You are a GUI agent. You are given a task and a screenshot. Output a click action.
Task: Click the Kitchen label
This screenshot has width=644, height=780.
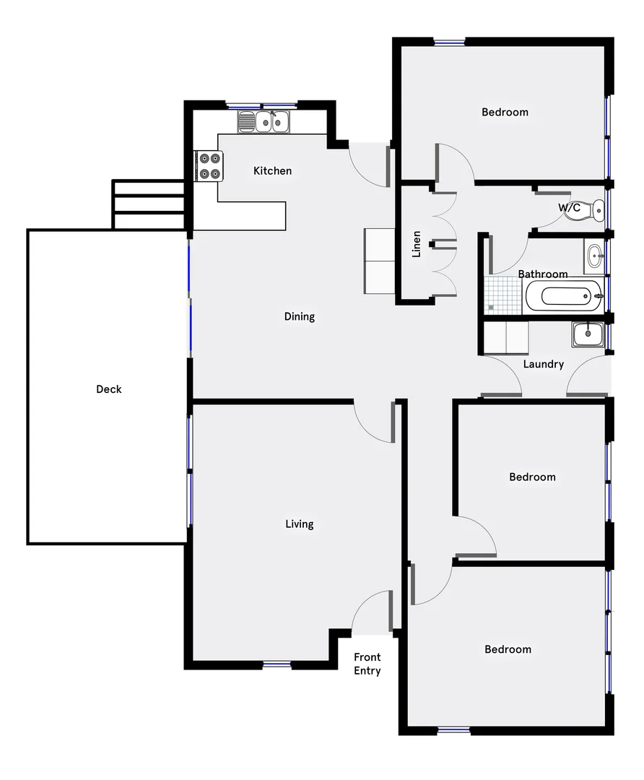(272, 171)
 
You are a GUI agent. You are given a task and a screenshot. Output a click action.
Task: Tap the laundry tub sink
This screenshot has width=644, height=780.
(588, 334)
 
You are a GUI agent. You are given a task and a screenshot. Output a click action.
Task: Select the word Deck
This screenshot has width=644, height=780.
(109, 389)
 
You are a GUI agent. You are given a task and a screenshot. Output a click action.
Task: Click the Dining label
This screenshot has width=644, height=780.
(299, 316)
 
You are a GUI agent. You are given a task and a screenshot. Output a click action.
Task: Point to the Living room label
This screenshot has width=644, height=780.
(299, 524)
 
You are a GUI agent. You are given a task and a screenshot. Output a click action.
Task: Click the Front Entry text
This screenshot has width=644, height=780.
(367, 664)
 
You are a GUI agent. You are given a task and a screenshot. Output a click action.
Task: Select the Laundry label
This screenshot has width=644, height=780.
(543, 365)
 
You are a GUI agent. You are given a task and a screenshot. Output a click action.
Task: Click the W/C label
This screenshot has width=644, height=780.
(569, 208)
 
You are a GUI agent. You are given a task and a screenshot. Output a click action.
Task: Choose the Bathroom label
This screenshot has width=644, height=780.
(543, 274)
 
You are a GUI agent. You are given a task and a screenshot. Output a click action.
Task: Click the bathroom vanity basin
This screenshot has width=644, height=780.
(594, 253)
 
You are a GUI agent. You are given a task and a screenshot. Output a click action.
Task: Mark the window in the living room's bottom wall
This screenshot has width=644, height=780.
(277, 664)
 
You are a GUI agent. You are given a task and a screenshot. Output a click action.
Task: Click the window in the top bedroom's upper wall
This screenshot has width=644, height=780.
(449, 42)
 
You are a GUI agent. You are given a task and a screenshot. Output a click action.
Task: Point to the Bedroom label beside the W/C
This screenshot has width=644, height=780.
(505, 112)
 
